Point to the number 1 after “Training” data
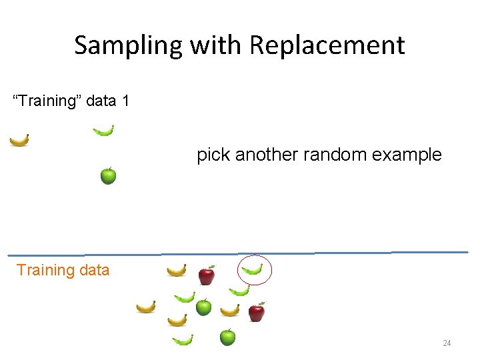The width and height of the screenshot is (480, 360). coord(125,101)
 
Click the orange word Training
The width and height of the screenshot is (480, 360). coord(45,270)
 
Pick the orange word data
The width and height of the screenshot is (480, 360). coord(93,270)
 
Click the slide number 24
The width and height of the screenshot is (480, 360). coord(447,343)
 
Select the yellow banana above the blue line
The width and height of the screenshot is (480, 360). coord(19,140)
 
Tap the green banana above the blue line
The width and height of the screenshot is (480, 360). coord(103,131)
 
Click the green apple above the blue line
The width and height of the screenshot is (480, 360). coord(108,175)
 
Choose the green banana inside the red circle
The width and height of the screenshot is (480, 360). coord(252,269)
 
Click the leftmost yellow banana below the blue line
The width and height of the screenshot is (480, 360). coord(146,307)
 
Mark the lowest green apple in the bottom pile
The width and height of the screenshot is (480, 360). coord(227,337)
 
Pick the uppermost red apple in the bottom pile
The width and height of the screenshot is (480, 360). coord(207,275)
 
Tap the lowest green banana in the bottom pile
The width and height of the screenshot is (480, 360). coord(183,340)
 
